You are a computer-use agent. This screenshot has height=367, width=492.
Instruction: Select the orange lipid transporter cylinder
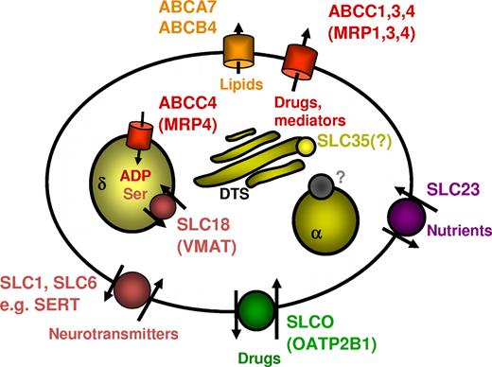tap(234, 56)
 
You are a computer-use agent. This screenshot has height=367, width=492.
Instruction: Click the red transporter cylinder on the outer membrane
tap(303, 62)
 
